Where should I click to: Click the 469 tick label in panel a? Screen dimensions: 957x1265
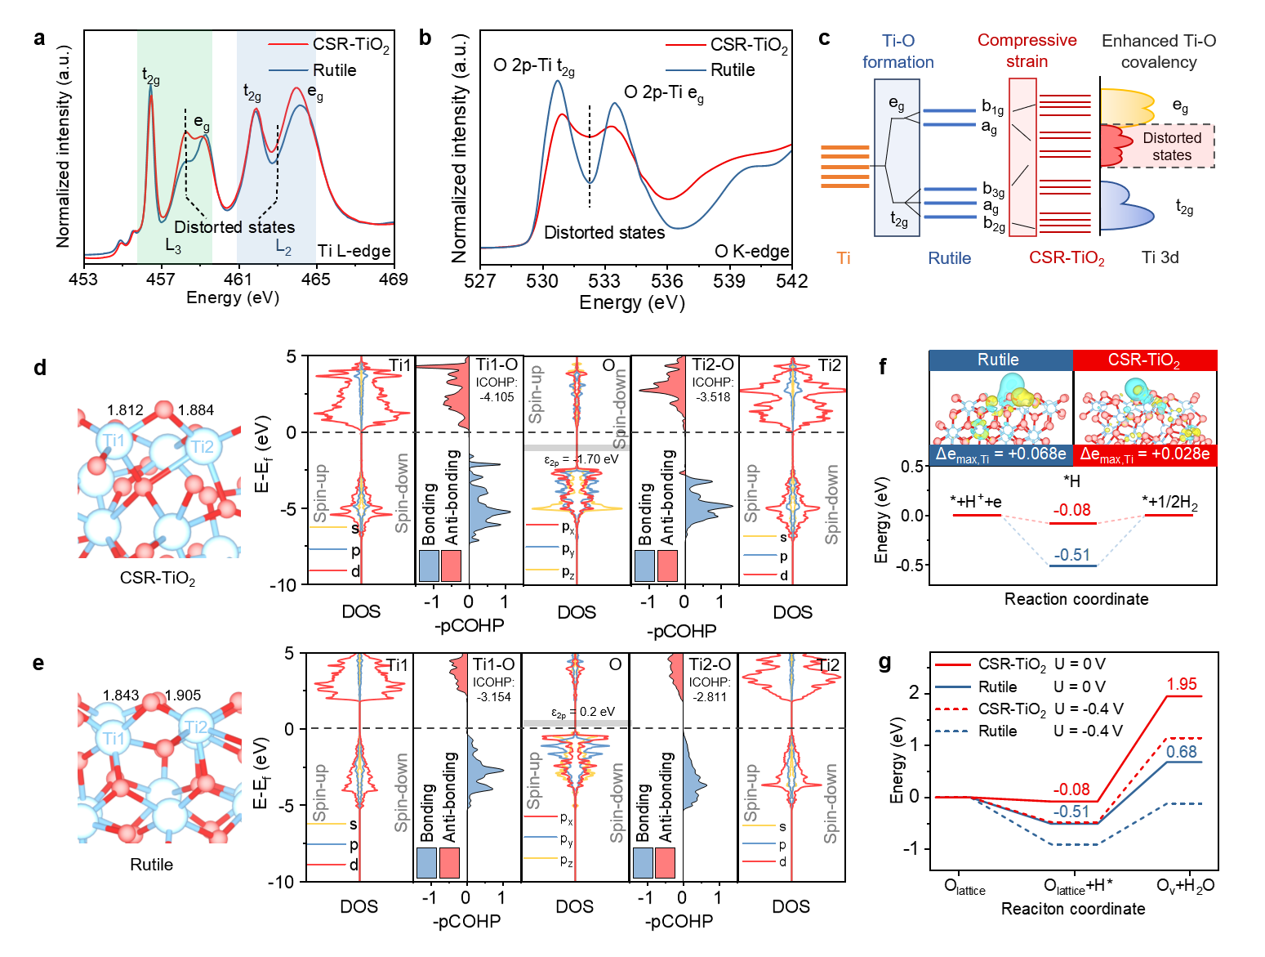pyautogui.click(x=394, y=279)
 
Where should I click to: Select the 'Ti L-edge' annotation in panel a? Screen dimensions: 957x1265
pyautogui.click(x=354, y=251)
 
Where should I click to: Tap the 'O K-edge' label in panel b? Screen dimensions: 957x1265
pyautogui.click(x=751, y=251)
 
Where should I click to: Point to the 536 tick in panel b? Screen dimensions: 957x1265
pyautogui.click(x=667, y=281)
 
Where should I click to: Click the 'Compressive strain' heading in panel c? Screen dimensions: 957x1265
pyautogui.click(x=1027, y=51)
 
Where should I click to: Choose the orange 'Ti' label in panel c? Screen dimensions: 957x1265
pyautogui.click(x=844, y=258)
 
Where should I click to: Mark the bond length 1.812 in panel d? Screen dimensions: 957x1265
pyautogui.click(x=125, y=410)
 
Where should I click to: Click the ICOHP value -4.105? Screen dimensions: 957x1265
pyautogui.click(x=496, y=397)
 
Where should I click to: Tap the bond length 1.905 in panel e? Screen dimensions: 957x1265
pyautogui.click(x=183, y=695)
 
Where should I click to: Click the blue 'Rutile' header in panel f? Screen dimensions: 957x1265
pyautogui.click(x=998, y=360)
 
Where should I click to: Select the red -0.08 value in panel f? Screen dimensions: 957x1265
pyautogui.click(x=1071, y=510)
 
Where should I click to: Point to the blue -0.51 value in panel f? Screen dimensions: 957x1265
pyautogui.click(x=1071, y=555)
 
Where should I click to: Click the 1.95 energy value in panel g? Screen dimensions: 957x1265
pyautogui.click(x=1182, y=684)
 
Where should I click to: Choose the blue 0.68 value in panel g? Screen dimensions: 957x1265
pyautogui.click(x=1182, y=752)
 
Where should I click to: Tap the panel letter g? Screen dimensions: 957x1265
pyautogui.click(x=884, y=661)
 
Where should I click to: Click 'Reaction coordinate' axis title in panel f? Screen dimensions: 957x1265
pyautogui.click(x=1076, y=599)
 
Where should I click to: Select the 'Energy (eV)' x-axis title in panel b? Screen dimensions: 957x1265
pyautogui.click(x=631, y=302)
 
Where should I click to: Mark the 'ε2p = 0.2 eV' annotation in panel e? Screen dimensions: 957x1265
pyautogui.click(x=582, y=712)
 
